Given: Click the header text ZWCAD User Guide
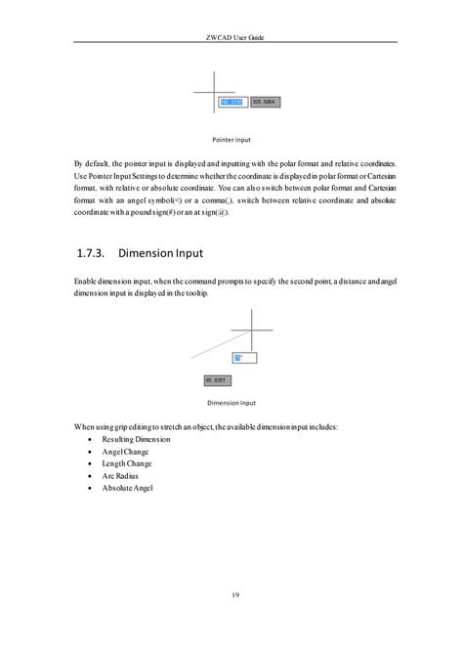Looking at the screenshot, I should (231, 36).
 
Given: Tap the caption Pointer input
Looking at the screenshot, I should (231, 140).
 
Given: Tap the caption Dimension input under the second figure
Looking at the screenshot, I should (231, 402).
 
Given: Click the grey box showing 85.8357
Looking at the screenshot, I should (216, 379).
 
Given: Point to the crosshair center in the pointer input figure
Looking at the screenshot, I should (213, 92).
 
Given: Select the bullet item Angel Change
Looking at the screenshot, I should (124, 452).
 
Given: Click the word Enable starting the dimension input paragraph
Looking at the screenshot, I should (87, 281).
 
